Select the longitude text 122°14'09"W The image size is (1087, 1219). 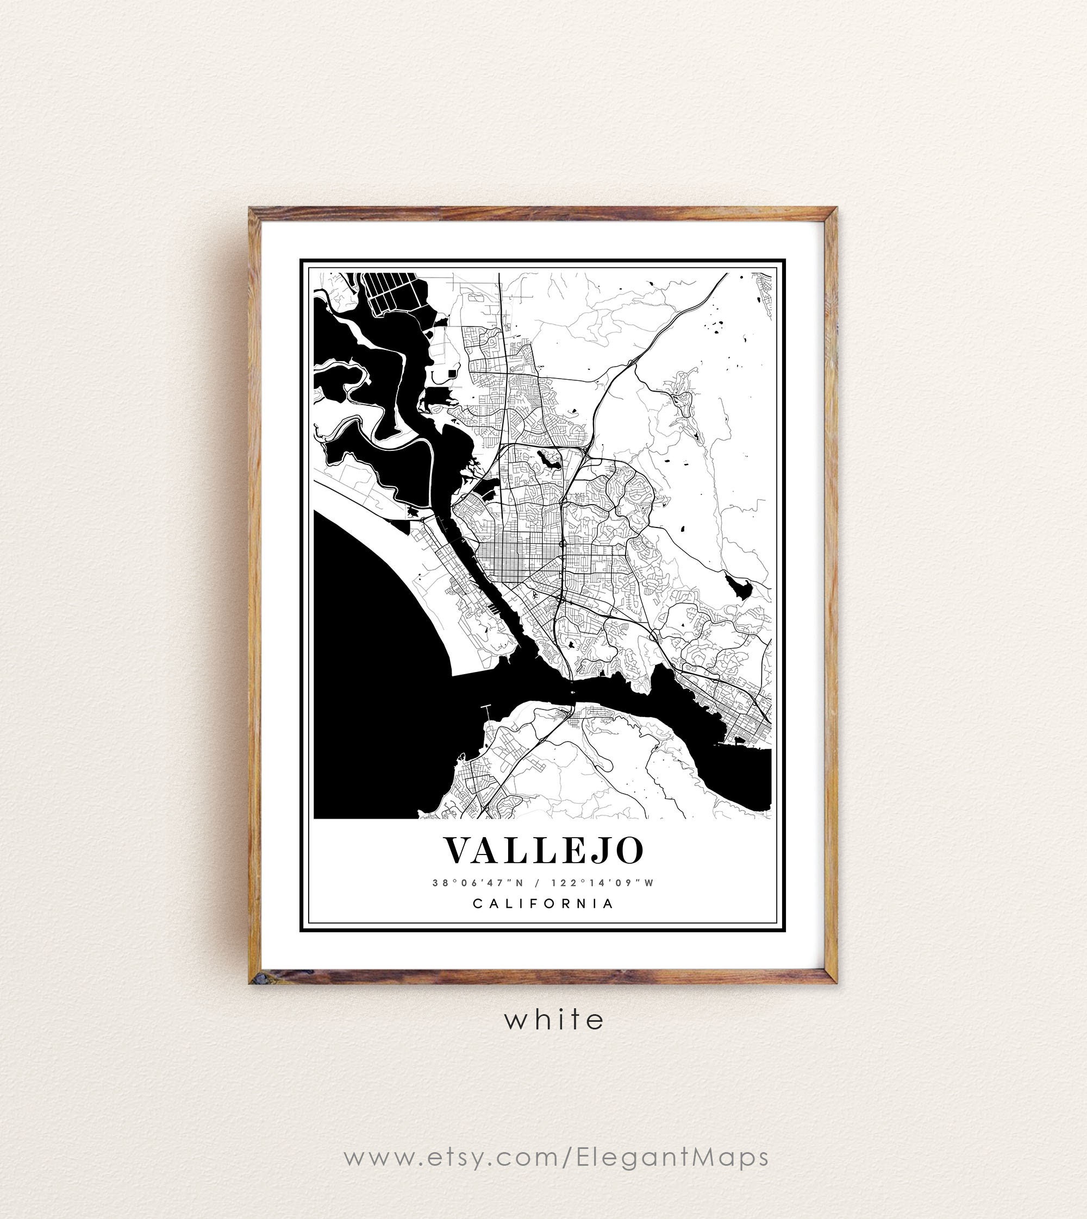pos(602,883)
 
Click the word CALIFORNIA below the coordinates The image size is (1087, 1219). pos(543,903)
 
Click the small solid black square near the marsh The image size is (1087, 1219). pos(452,373)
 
